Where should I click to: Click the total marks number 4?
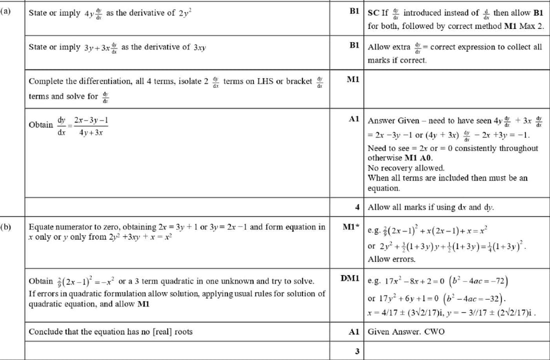point(356,206)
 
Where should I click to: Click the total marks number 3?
point(356,350)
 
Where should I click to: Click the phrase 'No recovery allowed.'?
point(405,168)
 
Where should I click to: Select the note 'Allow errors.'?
point(391,259)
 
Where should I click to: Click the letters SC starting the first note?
point(373,13)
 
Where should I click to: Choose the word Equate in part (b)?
point(42,227)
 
